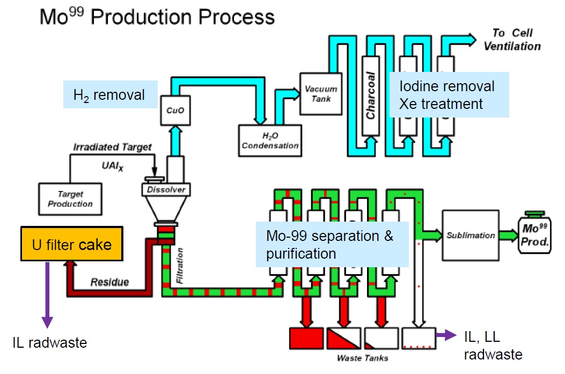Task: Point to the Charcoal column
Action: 371,96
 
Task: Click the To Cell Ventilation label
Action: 512,40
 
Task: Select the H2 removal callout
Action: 110,95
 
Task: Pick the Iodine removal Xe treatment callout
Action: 449,94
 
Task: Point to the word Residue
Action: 109,281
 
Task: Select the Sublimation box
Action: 470,236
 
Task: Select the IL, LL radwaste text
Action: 492,344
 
